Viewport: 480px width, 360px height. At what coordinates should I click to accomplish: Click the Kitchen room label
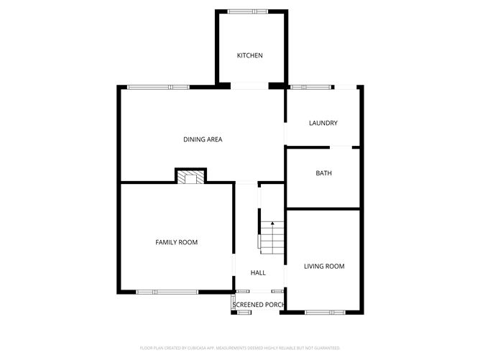(x=250, y=55)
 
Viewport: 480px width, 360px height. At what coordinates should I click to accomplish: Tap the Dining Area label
(x=203, y=139)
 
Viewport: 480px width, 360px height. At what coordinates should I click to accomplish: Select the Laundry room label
(x=323, y=123)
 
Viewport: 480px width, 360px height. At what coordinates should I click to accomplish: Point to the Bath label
(x=323, y=173)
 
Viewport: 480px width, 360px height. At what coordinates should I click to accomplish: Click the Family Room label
(x=177, y=242)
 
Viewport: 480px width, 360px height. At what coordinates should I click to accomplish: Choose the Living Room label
(x=324, y=266)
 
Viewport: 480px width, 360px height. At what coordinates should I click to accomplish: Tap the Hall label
(x=258, y=272)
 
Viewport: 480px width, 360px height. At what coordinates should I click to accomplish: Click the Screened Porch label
(x=259, y=305)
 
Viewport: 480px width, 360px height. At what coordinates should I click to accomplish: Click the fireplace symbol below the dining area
(x=191, y=177)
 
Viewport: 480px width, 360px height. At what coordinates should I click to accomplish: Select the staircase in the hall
(x=272, y=237)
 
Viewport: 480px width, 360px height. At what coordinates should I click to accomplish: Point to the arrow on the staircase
(x=272, y=224)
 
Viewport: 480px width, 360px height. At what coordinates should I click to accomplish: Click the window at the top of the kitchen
(x=249, y=11)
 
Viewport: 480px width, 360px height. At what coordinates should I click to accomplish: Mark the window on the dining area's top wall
(x=158, y=87)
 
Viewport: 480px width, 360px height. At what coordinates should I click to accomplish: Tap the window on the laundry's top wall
(x=311, y=87)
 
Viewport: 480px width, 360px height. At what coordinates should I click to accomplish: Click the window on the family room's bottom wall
(x=167, y=292)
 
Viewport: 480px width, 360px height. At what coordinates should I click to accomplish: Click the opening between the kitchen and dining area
(x=249, y=87)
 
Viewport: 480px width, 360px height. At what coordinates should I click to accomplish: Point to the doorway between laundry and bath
(x=344, y=147)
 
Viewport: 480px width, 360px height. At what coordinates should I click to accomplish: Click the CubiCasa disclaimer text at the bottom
(x=240, y=347)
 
